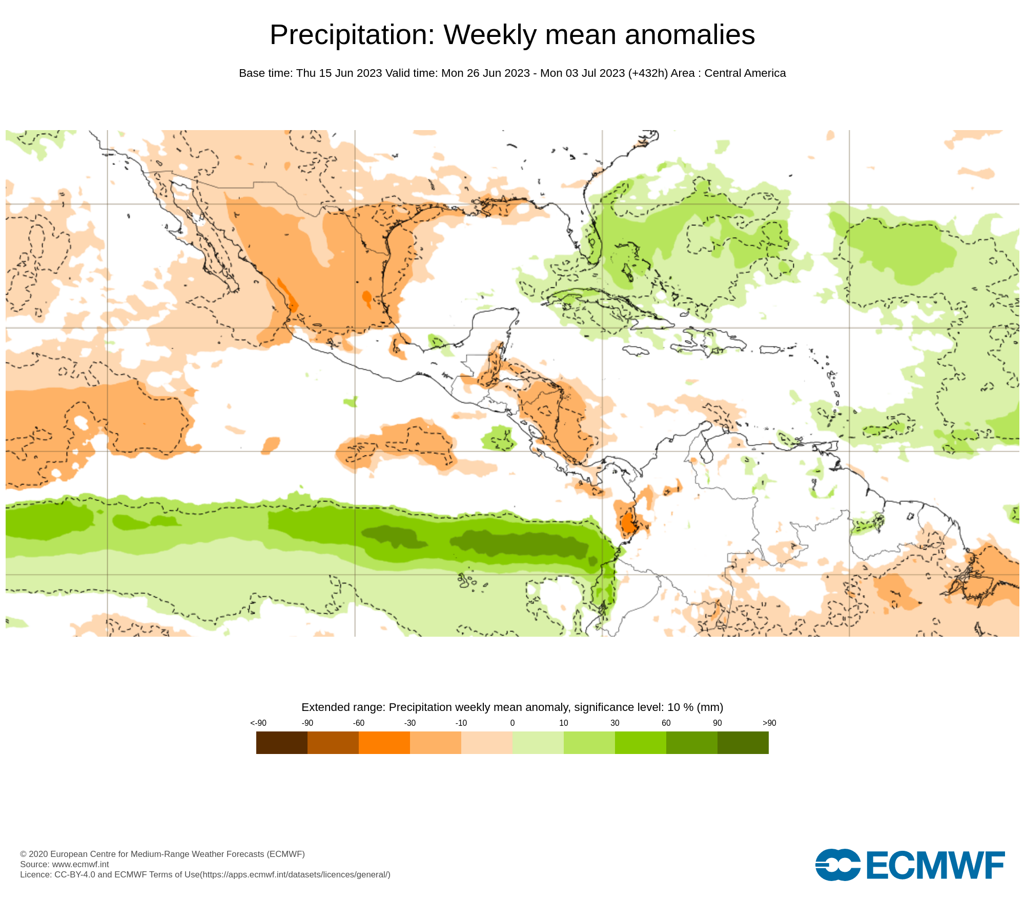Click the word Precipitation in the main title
[x=352, y=35]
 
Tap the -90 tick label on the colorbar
[x=307, y=723]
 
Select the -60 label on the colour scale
[x=359, y=723]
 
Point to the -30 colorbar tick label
[x=410, y=723]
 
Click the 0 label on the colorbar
[x=512, y=723]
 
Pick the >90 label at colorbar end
[x=769, y=723]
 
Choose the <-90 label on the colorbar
[x=258, y=723]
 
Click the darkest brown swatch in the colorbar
[x=282, y=742]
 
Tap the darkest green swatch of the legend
[x=743, y=742]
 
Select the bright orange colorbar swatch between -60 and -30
[x=384, y=742]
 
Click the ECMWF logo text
[x=935, y=865]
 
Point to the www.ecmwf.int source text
[x=80, y=864]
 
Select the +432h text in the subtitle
[x=648, y=73]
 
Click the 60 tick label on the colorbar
[x=666, y=723]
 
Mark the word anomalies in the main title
[x=690, y=35]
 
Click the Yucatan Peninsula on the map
[x=492, y=328]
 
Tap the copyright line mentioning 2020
[x=162, y=854]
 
